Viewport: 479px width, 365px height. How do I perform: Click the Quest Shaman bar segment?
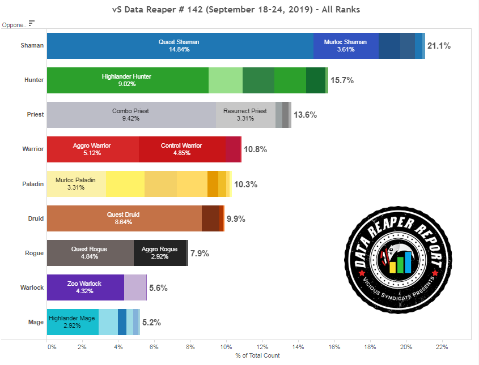click(179, 46)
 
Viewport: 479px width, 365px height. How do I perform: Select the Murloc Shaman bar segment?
click(346, 46)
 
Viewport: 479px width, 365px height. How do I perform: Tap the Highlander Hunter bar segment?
click(127, 80)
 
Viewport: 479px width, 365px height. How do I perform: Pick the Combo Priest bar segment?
click(130, 115)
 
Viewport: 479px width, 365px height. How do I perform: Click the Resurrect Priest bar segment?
click(245, 115)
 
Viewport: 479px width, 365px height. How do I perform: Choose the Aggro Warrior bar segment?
click(92, 149)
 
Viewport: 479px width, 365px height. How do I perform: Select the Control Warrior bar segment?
click(181, 149)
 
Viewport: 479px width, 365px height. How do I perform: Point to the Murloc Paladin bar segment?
click(75, 184)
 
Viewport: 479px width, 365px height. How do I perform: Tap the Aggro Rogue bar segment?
click(160, 253)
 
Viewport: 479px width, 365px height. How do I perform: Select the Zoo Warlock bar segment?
click(84, 287)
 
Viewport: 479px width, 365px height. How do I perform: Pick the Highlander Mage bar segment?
click(72, 322)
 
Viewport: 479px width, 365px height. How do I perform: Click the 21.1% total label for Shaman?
click(439, 46)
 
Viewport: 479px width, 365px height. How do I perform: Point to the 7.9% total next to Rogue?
click(200, 253)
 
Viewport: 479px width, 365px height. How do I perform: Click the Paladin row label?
click(34, 184)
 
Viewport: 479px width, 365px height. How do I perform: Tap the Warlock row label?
click(32, 287)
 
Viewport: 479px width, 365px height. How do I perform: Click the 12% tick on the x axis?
click(262, 347)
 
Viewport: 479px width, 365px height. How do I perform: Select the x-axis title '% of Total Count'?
click(257, 356)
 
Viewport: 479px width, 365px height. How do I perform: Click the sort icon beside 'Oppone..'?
click(32, 23)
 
